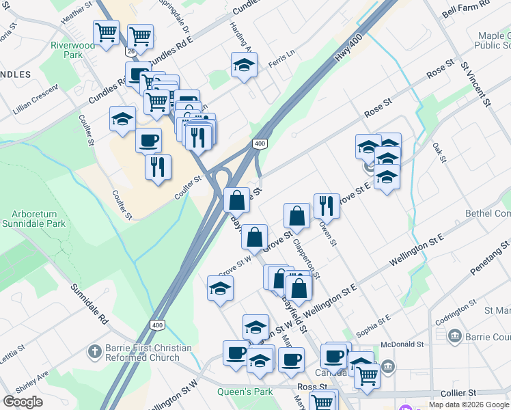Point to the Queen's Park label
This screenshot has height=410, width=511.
pyautogui.click(x=245, y=392)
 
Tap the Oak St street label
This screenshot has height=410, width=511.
pyautogui.click(x=439, y=152)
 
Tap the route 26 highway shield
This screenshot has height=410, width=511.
pyautogui.click(x=130, y=51)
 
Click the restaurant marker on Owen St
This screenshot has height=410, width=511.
pyautogui.click(x=327, y=205)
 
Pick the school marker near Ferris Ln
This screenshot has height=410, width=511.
pyautogui.click(x=244, y=65)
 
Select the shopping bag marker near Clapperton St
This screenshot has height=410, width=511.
pyautogui.click(x=297, y=215)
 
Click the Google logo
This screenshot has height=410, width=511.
pyautogui.click(x=23, y=402)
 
